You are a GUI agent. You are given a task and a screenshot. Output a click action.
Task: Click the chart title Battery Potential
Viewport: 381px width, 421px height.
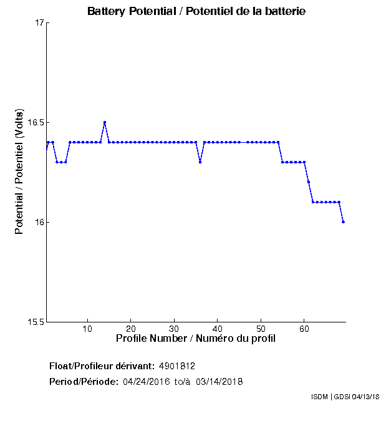click(196, 11)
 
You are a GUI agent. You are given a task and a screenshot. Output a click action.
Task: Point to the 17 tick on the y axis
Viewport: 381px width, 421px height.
click(39, 23)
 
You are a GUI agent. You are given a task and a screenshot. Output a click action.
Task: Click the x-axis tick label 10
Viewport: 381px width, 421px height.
click(88, 329)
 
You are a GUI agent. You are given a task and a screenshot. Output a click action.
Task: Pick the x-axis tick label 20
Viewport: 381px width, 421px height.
click(131, 329)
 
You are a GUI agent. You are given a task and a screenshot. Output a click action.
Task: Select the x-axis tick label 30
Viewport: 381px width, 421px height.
click(174, 329)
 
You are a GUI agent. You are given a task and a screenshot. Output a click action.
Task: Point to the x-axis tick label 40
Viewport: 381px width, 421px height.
click(217, 329)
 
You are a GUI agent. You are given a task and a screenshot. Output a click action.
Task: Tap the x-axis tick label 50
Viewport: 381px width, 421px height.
click(261, 329)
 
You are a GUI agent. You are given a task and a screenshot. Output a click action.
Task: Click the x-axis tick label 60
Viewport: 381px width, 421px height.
click(304, 329)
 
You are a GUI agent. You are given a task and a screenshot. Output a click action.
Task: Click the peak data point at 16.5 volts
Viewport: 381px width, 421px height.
click(105, 122)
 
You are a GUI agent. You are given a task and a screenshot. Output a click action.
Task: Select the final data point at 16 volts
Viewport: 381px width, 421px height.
click(344, 222)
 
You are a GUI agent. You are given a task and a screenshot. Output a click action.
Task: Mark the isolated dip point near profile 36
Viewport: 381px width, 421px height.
click(200, 162)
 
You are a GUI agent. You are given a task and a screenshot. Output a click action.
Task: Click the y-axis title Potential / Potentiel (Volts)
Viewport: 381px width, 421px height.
click(19, 173)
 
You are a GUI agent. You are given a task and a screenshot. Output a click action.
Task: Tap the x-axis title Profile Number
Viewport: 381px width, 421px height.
click(196, 339)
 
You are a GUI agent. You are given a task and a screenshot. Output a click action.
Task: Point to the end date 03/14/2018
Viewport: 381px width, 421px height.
click(219, 381)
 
